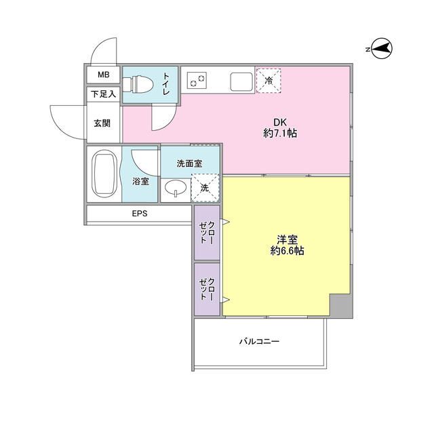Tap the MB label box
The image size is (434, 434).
[x=102, y=75]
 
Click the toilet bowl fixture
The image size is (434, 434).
[x=141, y=84]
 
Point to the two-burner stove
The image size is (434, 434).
[x=197, y=81]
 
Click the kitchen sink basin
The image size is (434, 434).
[x=242, y=81]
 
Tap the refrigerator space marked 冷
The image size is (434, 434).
[x=269, y=81]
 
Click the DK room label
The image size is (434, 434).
[x=279, y=122]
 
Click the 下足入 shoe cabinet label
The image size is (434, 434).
[x=103, y=94]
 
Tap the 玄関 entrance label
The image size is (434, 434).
[x=102, y=123]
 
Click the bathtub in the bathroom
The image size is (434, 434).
[x=104, y=174]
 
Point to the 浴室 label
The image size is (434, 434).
[x=141, y=181]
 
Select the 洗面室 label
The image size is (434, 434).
[x=189, y=163]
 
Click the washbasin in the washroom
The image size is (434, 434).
[x=175, y=189]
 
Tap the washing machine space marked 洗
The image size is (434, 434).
[x=204, y=189]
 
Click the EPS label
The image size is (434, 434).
[x=140, y=214]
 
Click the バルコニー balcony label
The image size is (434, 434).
[x=259, y=342]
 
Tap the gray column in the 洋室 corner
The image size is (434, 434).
[x=340, y=306]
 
